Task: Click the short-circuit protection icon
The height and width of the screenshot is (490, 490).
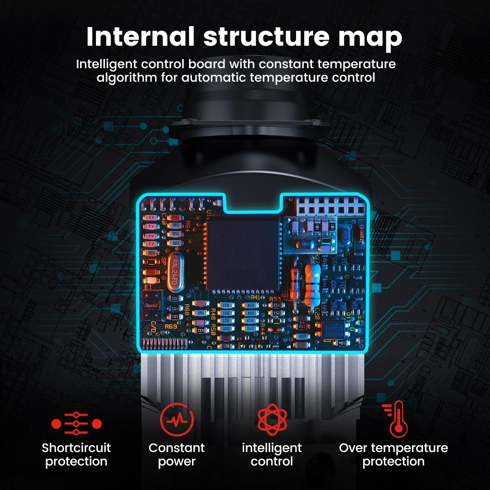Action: click(x=76, y=424)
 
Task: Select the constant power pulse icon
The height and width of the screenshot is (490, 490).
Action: click(x=177, y=419)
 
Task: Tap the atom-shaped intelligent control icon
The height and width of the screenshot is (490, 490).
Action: click(x=272, y=419)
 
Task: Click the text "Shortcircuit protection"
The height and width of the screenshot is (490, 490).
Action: click(x=76, y=454)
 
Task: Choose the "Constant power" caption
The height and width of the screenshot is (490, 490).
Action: click(x=177, y=454)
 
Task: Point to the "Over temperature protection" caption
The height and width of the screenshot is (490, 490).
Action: click(x=393, y=454)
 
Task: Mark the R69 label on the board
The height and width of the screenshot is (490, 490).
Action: click(x=171, y=327)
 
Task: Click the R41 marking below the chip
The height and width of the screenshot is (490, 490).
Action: click(x=255, y=298)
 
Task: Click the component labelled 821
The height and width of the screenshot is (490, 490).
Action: click(x=226, y=346)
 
